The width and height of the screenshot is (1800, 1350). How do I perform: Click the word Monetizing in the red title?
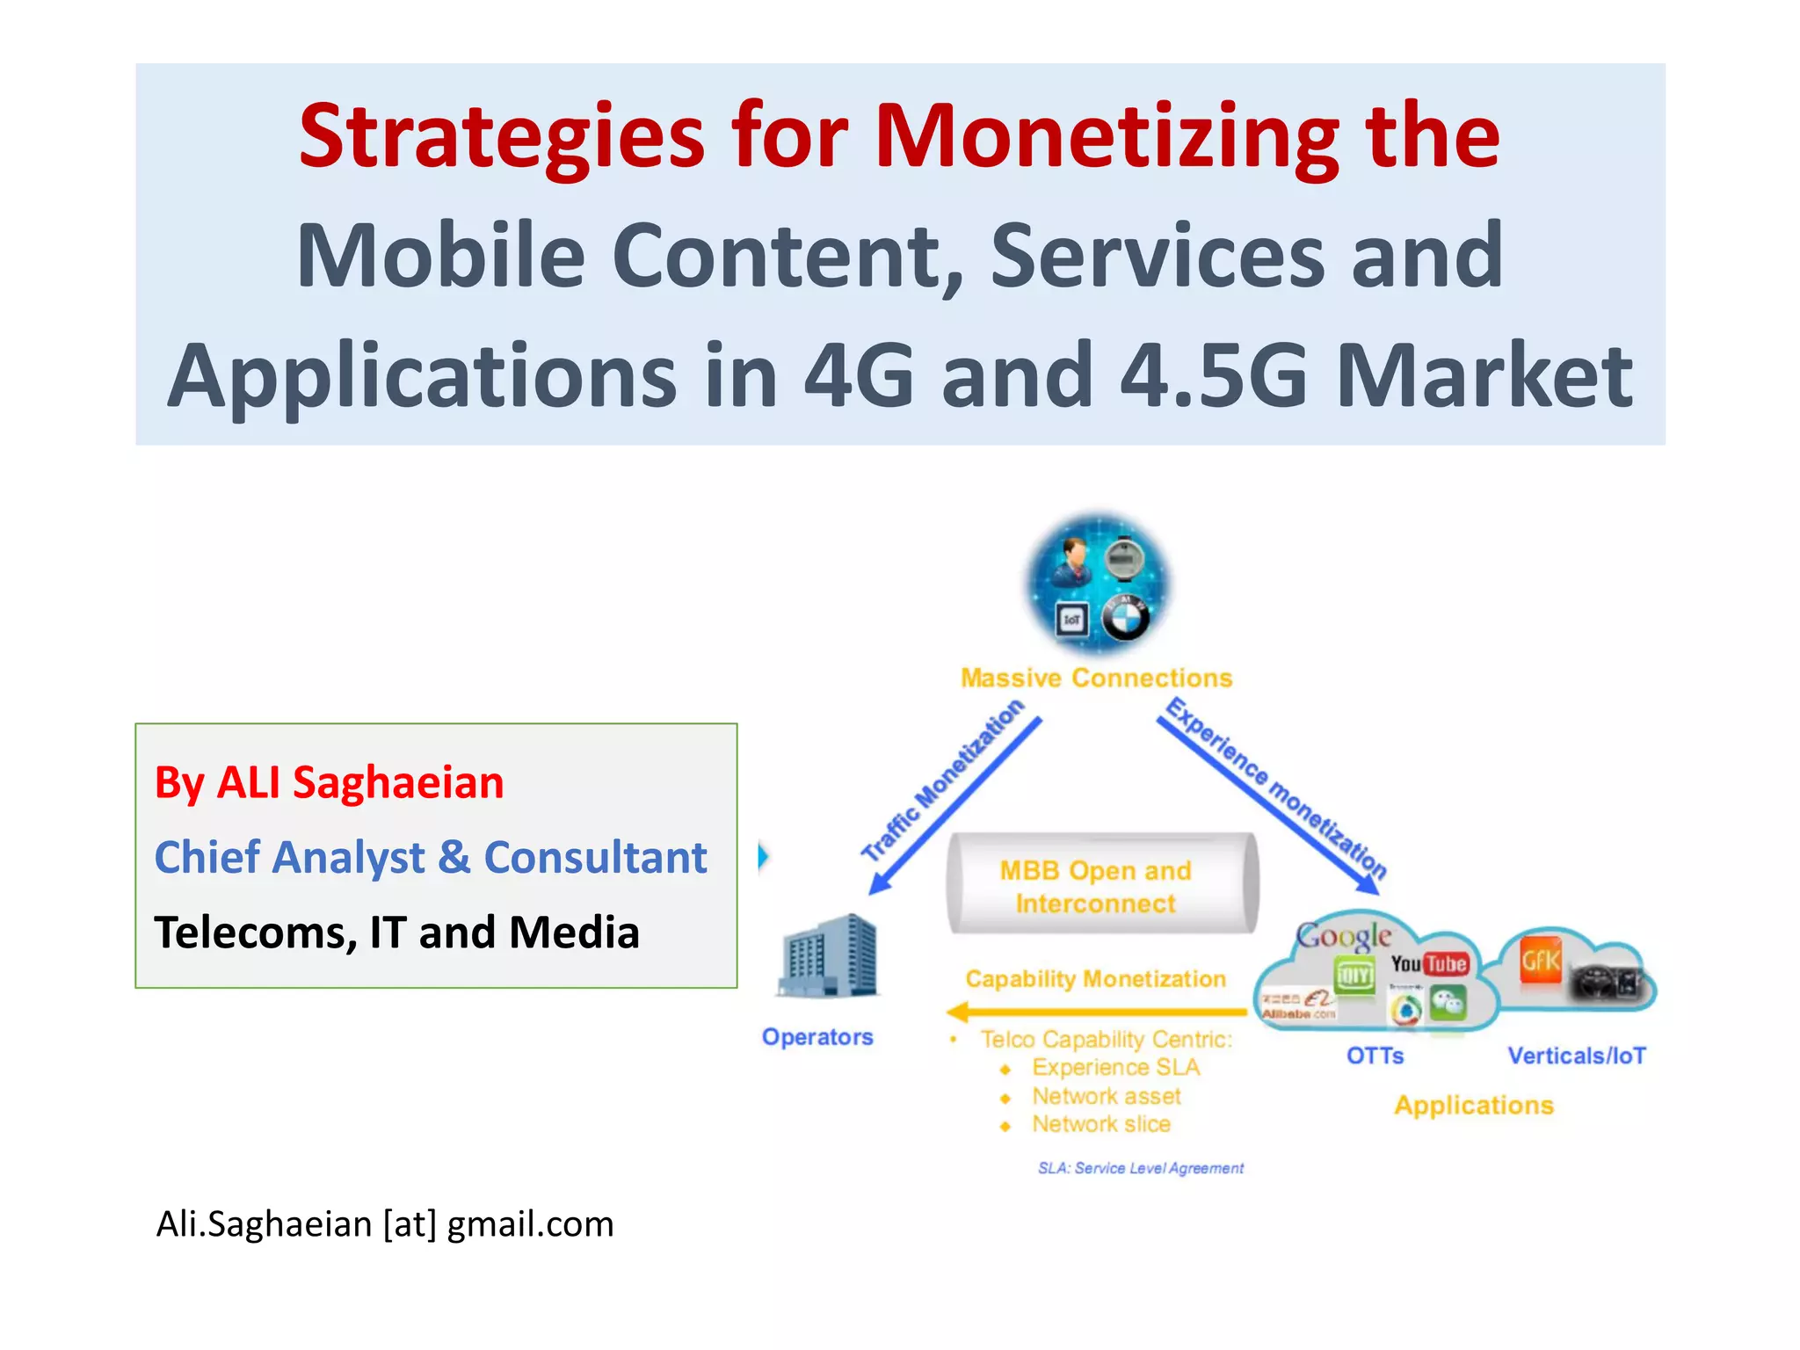[1107, 138]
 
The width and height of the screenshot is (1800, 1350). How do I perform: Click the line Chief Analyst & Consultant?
[431, 857]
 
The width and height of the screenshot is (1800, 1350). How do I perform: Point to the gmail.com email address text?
[530, 1223]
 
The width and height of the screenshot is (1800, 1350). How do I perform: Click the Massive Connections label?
[1096, 678]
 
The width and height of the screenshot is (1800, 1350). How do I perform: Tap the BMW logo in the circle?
[1125, 619]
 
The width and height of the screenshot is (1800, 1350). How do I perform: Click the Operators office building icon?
[828, 956]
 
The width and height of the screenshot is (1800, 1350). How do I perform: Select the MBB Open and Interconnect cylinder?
[1102, 884]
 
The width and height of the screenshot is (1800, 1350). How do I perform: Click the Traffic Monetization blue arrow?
[954, 805]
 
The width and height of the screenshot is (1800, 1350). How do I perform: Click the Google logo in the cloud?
[1343, 935]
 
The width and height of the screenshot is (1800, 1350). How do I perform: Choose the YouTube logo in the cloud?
[1429, 964]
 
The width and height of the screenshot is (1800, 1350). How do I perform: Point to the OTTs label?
[1375, 1056]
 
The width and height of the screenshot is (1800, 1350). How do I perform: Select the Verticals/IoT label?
[1577, 1056]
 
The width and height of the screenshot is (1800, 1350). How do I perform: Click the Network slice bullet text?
[1100, 1124]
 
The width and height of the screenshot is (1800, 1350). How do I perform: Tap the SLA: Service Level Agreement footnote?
[1140, 1168]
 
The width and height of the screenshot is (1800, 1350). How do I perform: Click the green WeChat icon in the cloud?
[1448, 1003]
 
